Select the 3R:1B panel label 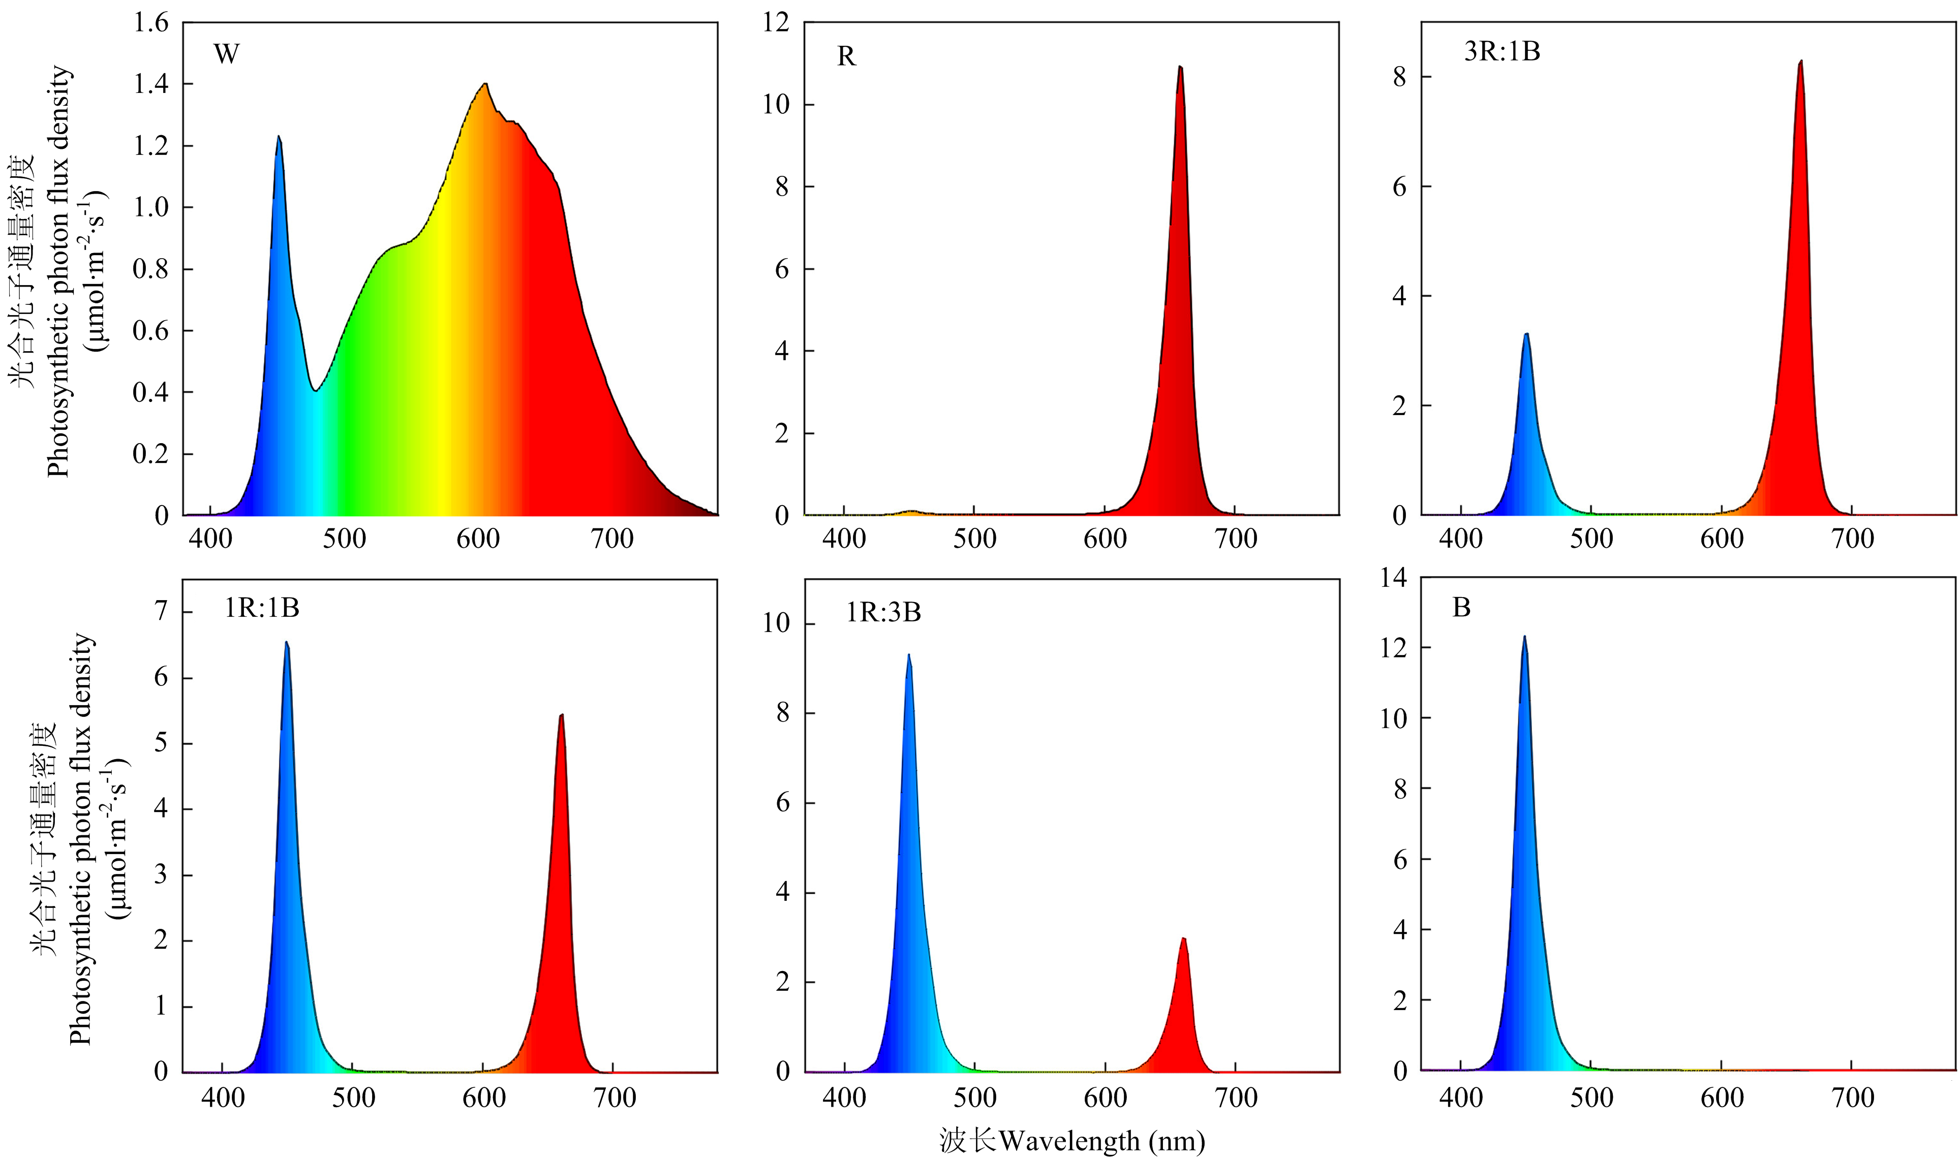click(x=1502, y=51)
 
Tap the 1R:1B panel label click(x=262, y=608)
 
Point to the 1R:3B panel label click(x=883, y=612)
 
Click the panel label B click(x=1461, y=608)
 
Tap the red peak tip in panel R click(x=1180, y=67)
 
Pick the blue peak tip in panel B click(x=1523, y=637)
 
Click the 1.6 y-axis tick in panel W click(x=151, y=23)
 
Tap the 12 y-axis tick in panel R click(x=777, y=23)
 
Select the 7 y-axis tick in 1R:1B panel click(x=161, y=612)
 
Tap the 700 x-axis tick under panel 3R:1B click(x=1853, y=539)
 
